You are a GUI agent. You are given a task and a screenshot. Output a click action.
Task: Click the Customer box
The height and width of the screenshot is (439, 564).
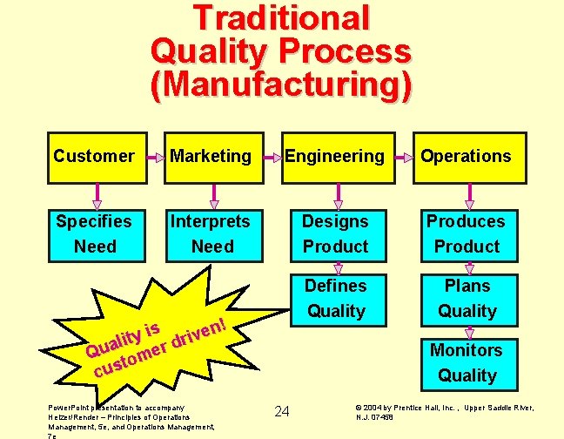tap(94, 157)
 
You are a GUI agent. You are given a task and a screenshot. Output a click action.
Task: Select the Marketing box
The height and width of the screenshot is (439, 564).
tap(211, 157)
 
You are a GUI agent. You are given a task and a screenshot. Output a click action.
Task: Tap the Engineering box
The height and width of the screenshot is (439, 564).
tap(335, 157)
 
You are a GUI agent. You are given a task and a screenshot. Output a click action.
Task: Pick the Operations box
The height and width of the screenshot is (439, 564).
tap(467, 157)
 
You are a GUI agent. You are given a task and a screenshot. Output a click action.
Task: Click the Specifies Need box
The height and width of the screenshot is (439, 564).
tap(94, 233)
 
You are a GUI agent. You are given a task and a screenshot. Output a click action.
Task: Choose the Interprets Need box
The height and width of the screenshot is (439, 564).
tap(211, 233)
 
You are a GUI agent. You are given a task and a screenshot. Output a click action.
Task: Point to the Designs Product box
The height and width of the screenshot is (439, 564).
tap(335, 233)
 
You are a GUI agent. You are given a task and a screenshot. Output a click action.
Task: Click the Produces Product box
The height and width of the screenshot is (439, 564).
tap(467, 233)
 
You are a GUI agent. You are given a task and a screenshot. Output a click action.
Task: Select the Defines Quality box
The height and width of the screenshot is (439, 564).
tap(335, 298)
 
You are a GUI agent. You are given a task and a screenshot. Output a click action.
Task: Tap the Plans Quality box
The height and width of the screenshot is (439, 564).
tap(467, 298)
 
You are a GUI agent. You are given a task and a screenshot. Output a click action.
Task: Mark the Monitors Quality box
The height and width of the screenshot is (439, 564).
tap(467, 362)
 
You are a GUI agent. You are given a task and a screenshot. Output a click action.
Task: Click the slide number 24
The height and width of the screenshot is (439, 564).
tap(282, 410)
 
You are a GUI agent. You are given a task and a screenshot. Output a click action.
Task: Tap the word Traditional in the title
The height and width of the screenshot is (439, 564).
tap(281, 18)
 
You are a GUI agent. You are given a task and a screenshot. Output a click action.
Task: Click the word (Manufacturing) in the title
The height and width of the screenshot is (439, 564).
tap(281, 84)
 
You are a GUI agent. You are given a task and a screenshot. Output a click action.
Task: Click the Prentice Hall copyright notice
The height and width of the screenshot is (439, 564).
tap(444, 411)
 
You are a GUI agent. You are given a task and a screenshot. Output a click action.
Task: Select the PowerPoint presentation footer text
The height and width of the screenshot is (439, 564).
tap(131, 417)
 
